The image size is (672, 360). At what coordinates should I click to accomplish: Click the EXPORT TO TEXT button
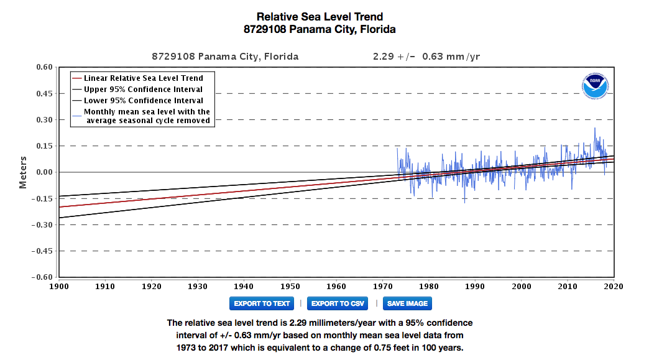point(261,303)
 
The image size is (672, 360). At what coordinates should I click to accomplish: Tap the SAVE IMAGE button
point(407,303)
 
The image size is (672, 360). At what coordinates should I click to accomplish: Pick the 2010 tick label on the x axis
point(568,286)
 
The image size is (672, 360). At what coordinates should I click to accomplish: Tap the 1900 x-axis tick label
point(58,286)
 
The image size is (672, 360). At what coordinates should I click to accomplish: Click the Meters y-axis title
point(23,172)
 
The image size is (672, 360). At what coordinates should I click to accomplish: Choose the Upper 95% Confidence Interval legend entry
point(143,90)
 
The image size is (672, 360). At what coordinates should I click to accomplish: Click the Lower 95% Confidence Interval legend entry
point(143,100)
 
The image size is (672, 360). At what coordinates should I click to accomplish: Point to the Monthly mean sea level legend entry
point(147,116)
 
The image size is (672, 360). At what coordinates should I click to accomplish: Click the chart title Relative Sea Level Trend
point(320,17)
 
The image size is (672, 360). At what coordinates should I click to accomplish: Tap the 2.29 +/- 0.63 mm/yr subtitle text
point(426,57)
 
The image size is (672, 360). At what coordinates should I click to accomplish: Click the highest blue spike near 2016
point(594,129)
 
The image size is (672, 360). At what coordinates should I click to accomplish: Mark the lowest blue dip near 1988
point(464,202)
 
